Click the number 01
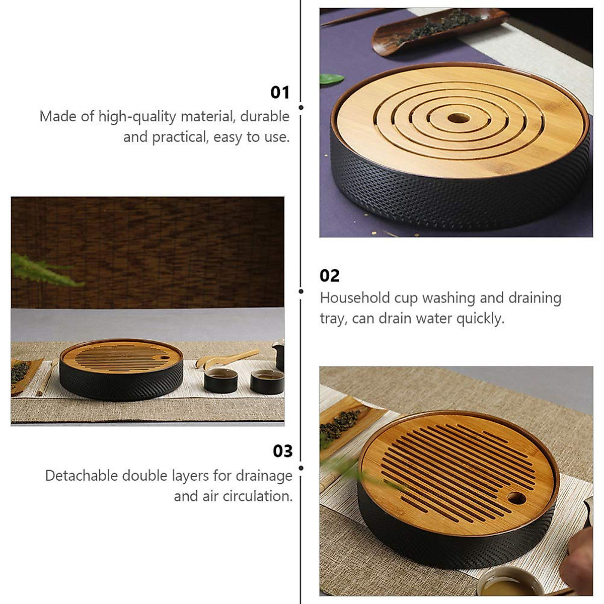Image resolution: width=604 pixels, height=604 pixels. [280, 93]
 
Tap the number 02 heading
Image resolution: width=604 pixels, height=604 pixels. [330, 276]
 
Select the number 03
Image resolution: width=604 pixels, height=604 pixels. [282, 451]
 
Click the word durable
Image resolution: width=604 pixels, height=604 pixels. [265, 116]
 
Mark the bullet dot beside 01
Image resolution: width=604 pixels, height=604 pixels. [301, 107]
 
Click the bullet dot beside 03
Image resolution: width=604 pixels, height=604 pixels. [301, 468]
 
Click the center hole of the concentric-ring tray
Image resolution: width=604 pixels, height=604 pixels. [459, 118]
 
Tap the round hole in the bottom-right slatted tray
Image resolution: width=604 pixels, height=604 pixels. [516, 499]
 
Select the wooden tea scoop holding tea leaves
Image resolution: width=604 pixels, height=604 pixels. [433, 28]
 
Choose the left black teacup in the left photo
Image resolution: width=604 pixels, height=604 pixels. [221, 381]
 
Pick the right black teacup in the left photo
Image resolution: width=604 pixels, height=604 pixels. [267, 382]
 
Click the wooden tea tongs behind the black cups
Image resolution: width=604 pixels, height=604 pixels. [226, 358]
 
